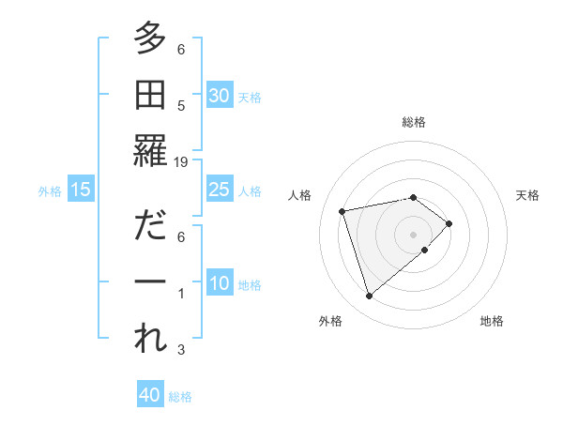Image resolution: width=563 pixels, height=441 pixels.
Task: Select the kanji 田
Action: pyautogui.click(x=148, y=95)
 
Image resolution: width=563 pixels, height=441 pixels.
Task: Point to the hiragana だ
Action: pyautogui.click(x=148, y=228)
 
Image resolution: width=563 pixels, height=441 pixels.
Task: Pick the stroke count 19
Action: pyautogui.click(x=181, y=161)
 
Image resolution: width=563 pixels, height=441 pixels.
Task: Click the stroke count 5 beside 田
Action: pyautogui.click(x=181, y=106)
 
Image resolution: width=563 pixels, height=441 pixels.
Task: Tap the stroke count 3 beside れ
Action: pyautogui.click(x=181, y=350)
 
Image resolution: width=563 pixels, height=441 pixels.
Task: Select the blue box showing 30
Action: pyautogui.click(x=219, y=95)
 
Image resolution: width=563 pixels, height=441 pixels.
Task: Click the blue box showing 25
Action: pyautogui.click(x=219, y=190)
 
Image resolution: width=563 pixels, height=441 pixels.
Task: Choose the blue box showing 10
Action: pyautogui.click(x=219, y=284)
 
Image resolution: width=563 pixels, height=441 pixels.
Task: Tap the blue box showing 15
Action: pyautogui.click(x=81, y=190)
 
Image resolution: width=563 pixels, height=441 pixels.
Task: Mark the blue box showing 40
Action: pyautogui.click(x=150, y=395)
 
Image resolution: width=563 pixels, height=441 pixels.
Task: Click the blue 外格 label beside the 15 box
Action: pyautogui.click(x=50, y=191)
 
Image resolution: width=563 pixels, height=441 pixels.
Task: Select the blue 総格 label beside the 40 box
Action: pyautogui.click(x=180, y=397)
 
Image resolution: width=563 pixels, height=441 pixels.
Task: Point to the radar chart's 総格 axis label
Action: pyautogui.click(x=413, y=122)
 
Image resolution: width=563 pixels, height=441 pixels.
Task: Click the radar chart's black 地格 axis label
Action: pyautogui.click(x=492, y=321)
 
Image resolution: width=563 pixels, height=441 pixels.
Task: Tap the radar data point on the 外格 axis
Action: pyautogui.click(x=369, y=297)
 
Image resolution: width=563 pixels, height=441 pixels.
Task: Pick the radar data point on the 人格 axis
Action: pyautogui.click(x=342, y=210)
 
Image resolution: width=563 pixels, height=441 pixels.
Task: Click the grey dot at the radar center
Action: pyautogui.click(x=413, y=233)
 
